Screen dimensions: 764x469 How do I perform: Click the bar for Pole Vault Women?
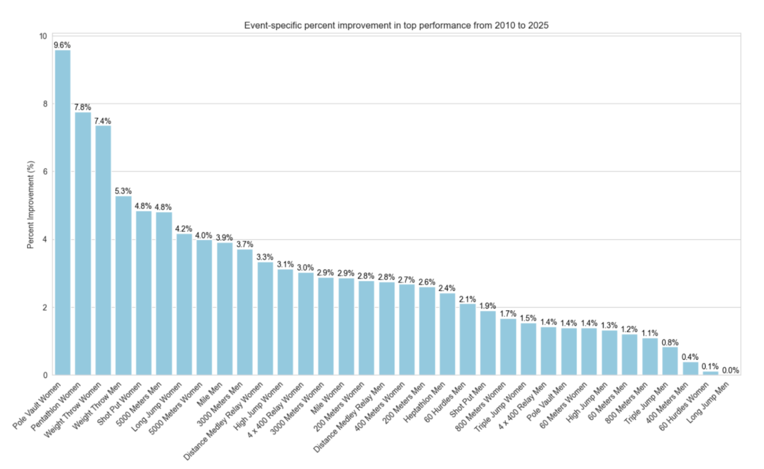pos(63,213)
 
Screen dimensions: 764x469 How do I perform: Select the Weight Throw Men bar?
pos(124,286)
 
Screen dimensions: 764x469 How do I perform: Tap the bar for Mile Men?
pos(225,309)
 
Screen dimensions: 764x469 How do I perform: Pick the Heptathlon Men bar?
pos(447,334)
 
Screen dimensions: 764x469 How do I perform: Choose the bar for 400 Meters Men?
pos(690,369)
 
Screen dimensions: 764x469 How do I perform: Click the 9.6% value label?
pos(62,45)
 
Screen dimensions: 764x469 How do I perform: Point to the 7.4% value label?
pos(103,121)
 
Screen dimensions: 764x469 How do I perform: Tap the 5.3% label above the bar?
pos(123,191)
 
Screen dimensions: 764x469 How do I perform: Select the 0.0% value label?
pos(731,371)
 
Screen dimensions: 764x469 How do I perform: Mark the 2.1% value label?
pos(467,299)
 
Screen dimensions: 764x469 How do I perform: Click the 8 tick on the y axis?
pos(45,104)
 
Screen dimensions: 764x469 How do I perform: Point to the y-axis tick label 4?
pos(45,239)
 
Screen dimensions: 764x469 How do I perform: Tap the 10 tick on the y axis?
pos(43,36)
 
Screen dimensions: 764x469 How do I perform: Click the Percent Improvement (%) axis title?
pos(31,205)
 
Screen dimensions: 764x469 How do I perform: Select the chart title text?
pos(396,26)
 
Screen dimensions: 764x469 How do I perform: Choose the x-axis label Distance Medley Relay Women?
pos(223,421)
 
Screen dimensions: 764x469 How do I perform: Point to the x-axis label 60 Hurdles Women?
pos(684,406)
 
